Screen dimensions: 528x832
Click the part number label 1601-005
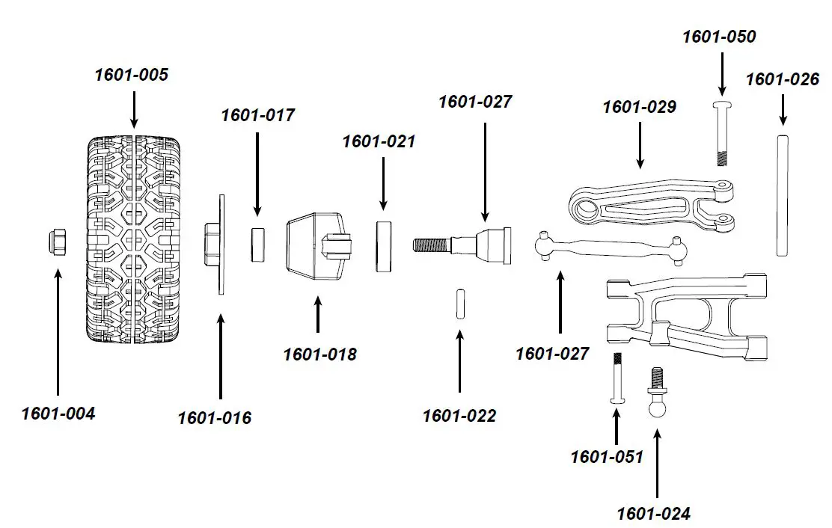tap(132, 75)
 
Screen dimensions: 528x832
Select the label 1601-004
tap(58, 413)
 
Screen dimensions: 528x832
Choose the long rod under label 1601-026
tap(783, 195)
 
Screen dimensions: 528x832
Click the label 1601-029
tap(639, 107)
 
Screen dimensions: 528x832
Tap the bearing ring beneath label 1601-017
tap(257, 245)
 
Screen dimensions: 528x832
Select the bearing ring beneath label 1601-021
tap(384, 245)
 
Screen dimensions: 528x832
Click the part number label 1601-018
tap(319, 354)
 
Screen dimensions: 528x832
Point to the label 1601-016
tap(214, 418)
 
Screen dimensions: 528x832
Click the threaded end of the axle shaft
tap(430, 245)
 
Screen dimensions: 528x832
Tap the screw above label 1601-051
tap(617, 378)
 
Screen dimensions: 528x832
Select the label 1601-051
tap(607, 456)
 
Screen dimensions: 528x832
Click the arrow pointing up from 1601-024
tap(658, 464)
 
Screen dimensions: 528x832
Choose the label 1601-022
tap(459, 416)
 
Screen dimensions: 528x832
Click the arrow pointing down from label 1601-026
tap(783, 108)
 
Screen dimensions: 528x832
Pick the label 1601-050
tap(719, 37)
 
